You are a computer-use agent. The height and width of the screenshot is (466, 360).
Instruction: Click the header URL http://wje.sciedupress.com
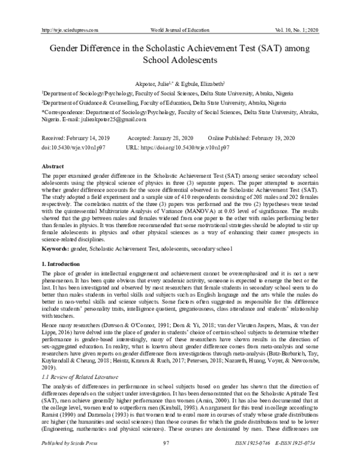point(68,29)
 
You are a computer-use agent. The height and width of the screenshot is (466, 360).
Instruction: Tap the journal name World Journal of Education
point(180,29)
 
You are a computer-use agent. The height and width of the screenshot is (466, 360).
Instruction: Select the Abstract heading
point(51,165)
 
